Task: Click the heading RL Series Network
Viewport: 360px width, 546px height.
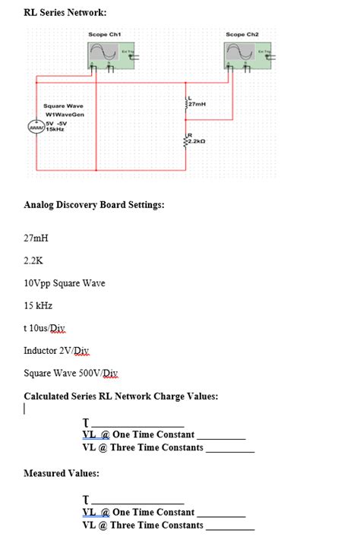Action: click(x=65, y=13)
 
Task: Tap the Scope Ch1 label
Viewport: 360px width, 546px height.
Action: click(x=104, y=34)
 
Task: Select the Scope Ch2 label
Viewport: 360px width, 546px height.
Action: click(x=242, y=34)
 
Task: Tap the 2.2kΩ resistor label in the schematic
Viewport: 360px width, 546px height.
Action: click(x=197, y=141)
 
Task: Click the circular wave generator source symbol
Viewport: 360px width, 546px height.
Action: click(x=36, y=126)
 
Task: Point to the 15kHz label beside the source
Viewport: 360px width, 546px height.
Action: click(x=54, y=130)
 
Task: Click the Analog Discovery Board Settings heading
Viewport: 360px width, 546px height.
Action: click(x=94, y=205)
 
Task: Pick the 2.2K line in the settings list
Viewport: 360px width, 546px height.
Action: click(x=33, y=260)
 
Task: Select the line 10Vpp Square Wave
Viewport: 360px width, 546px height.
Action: click(x=65, y=283)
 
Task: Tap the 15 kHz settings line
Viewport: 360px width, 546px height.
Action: click(x=38, y=305)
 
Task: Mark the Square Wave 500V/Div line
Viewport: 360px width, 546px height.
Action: click(x=71, y=373)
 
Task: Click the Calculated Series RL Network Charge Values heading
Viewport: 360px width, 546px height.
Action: click(x=121, y=396)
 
